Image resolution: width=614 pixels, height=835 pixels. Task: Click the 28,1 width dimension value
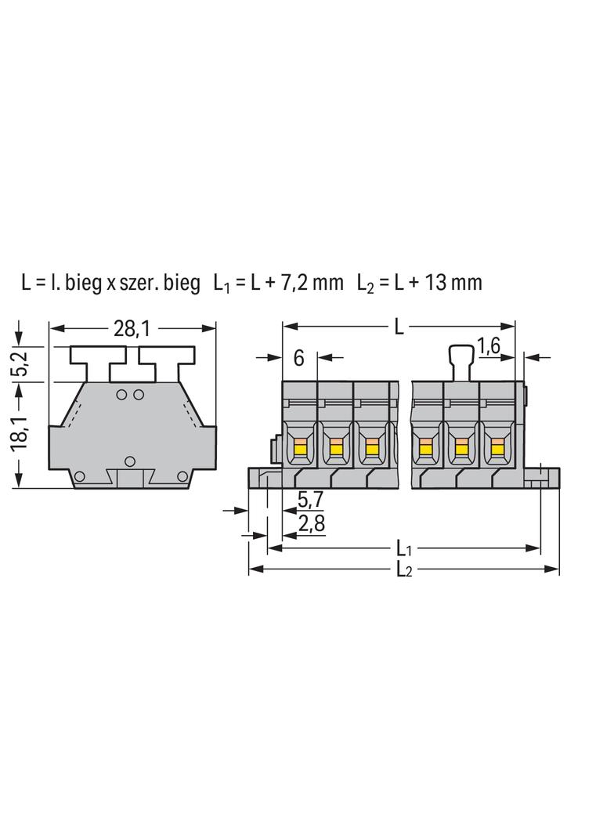132,329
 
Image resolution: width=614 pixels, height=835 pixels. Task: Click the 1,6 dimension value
489,346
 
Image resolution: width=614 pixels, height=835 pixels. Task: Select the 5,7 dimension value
310,500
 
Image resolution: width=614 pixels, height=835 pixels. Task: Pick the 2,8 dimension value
311,524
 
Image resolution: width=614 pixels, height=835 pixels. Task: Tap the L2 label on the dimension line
404,570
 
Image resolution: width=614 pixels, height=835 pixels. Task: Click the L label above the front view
399,327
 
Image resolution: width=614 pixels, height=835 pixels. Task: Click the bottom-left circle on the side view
79,476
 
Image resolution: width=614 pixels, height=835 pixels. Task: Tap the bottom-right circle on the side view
182,476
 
